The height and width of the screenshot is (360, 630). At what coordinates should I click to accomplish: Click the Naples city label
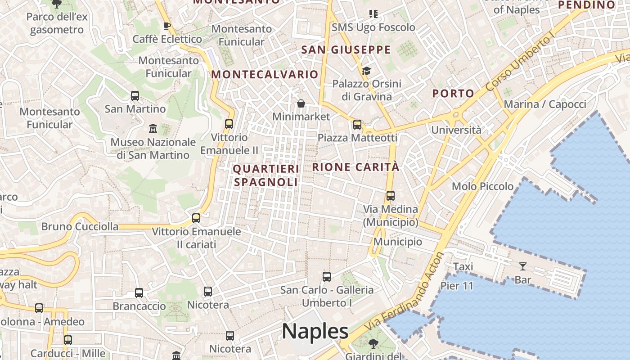point(315,332)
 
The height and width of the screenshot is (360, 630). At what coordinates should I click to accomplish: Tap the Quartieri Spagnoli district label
point(266,175)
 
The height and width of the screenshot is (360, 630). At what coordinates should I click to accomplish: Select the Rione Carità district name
point(355,167)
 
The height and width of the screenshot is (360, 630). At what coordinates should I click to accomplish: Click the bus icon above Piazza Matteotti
point(357,125)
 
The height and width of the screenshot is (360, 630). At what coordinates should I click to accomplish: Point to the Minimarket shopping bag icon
point(301,104)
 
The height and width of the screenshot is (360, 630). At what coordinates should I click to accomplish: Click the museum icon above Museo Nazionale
point(153,129)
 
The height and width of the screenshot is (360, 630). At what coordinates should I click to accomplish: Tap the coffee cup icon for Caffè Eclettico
point(167,26)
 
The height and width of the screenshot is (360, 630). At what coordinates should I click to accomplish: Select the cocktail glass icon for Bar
point(522,266)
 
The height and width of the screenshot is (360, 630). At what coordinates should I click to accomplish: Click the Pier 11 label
point(457,286)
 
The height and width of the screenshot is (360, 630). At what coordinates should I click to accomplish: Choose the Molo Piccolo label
point(482,186)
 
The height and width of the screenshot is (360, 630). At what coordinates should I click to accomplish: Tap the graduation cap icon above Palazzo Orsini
point(366,71)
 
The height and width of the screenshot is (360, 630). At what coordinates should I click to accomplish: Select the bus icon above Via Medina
point(390,196)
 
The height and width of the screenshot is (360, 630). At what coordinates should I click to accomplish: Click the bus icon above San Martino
point(135,96)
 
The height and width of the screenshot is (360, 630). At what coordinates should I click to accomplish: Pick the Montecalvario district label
point(265,75)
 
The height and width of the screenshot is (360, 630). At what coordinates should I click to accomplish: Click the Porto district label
point(453,94)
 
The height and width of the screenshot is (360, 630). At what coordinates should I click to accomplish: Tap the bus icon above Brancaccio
point(139,293)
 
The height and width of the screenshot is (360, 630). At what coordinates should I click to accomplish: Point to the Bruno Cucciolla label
point(80,226)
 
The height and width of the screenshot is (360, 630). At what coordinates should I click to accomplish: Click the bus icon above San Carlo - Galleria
point(327,277)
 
